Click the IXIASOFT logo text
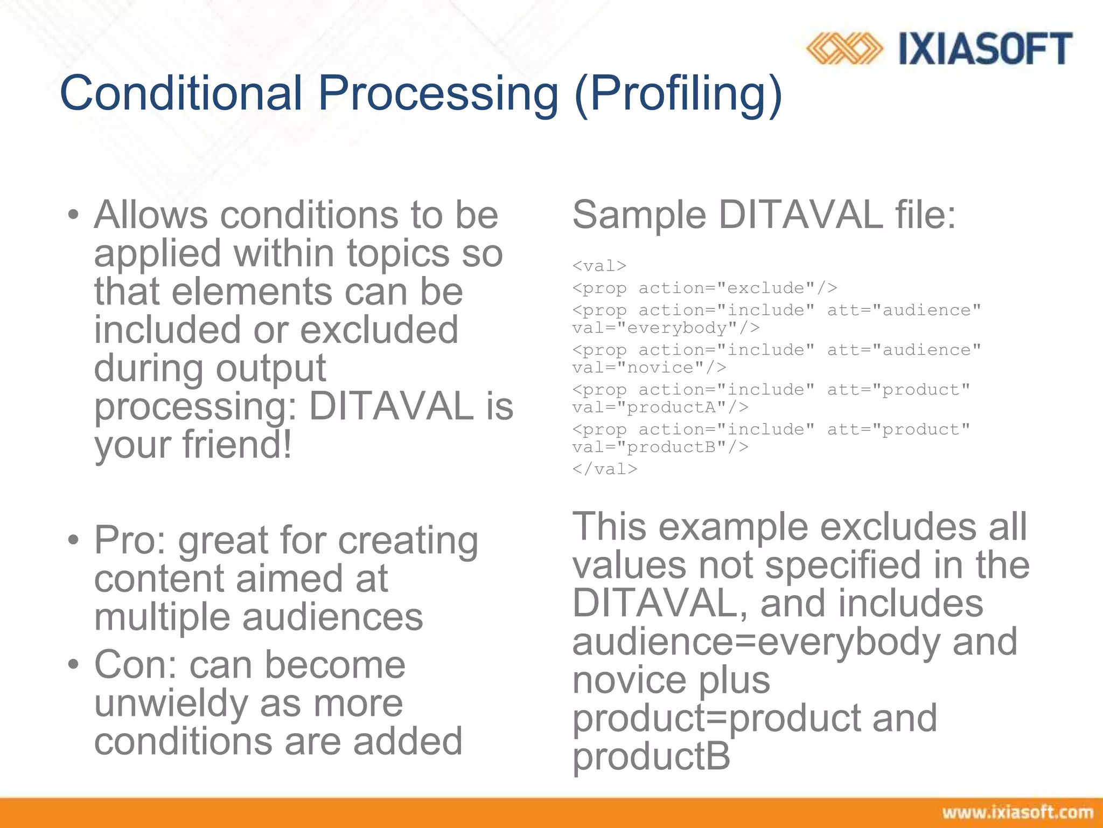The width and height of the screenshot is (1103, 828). pos(985,49)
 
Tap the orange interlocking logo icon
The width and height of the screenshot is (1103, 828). pos(844,49)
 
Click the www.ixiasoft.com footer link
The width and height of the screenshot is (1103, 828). pos(1017,812)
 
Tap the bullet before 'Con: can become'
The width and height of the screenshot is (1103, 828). pos(74,665)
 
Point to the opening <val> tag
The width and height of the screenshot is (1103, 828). pos(599,266)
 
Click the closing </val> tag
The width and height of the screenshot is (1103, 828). pos(604,469)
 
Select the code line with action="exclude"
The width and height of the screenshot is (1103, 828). pos(704,288)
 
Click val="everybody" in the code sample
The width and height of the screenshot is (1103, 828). pos(666,328)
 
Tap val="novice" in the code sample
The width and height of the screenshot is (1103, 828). pos(649,368)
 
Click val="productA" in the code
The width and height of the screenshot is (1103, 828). pos(660,408)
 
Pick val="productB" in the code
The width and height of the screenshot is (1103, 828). pos(660,447)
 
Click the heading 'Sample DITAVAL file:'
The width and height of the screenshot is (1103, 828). pos(764,215)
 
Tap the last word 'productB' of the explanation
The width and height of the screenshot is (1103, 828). pos(651,756)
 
